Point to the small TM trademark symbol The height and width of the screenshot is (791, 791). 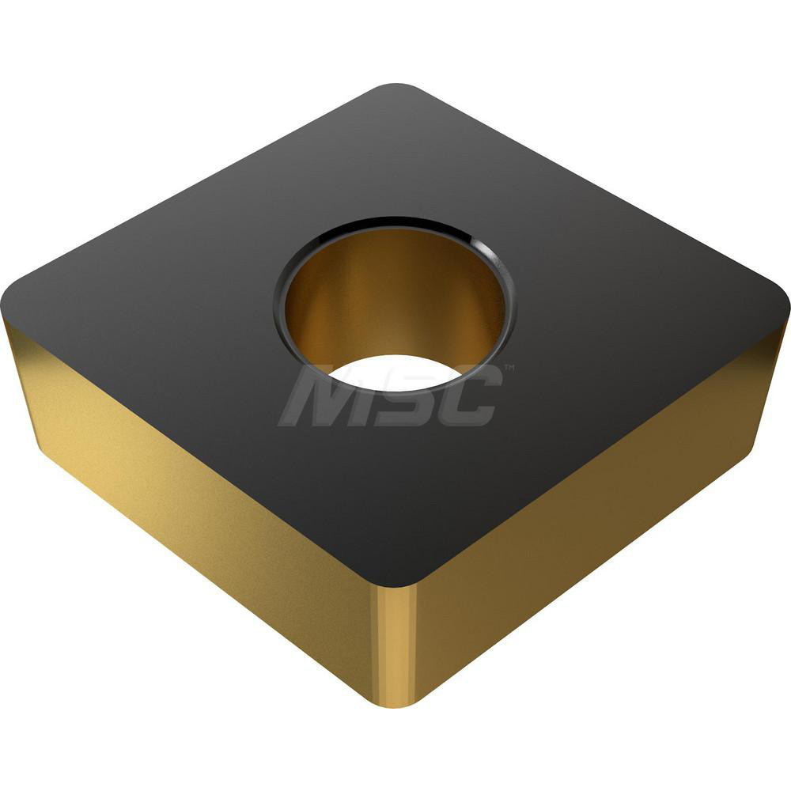[509, 367]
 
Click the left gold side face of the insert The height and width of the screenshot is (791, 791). [198, 506]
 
